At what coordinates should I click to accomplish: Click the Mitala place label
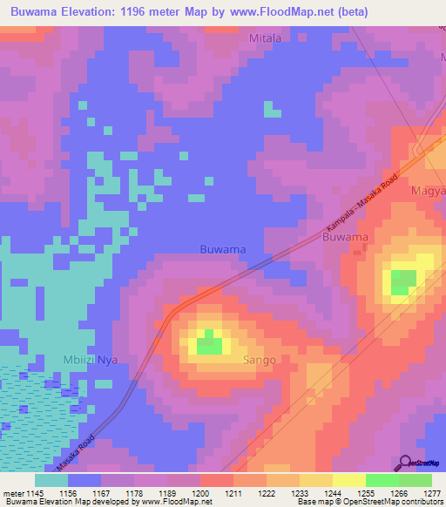click(x=266, y=39)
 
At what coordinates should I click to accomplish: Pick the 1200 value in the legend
click(x=199, y=494)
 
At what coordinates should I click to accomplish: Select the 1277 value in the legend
click(x=431, y=494)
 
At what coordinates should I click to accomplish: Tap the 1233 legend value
click(x=298, y=494)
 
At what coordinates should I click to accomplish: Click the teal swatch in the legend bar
click(x=51, y=480)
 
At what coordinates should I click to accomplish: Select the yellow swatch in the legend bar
click(x=348, y=480)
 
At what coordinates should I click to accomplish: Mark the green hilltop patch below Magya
click(x=402, y=282)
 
